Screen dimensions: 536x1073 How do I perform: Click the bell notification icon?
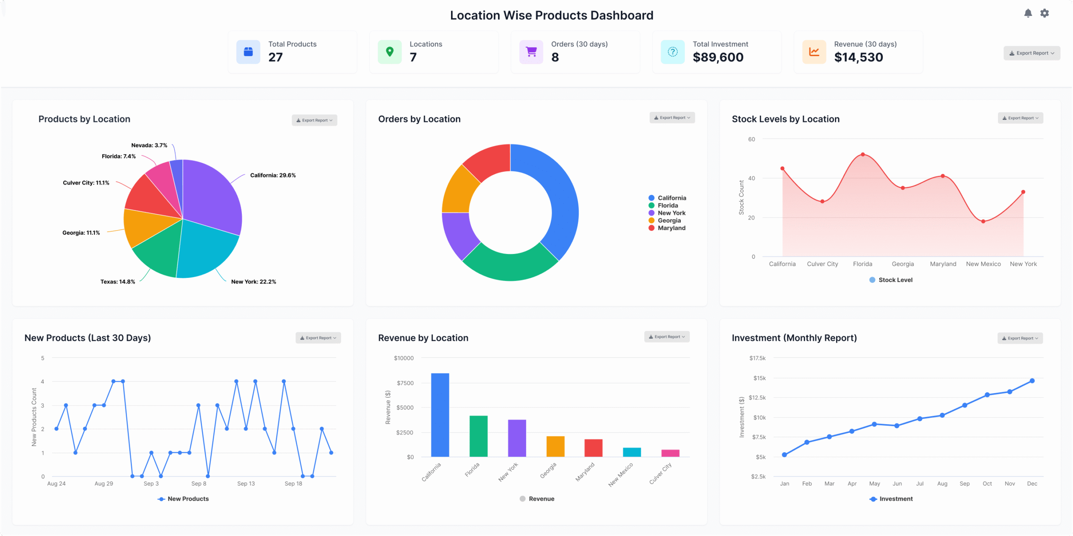click(x=1028, y=13)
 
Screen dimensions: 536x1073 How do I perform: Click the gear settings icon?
click(x=1044, y=13)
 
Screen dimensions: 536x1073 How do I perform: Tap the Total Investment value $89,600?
click(x=718, y=57)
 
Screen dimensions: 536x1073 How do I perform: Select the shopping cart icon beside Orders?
click(x=531, y=52)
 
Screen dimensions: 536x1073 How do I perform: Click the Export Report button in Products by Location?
click(x=314, y=120)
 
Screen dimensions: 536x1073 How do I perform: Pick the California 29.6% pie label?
click(x=273, y=175)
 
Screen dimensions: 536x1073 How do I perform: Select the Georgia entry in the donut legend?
click(x=669, y=220)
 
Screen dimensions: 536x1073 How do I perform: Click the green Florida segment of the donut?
click(x=511, y=266)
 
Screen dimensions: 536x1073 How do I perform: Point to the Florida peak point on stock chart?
click(x=863, y=155)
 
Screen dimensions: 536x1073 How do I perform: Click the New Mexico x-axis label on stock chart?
click(x=983, y=264)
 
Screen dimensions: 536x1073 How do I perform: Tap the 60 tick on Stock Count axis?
click(x=752, y=139)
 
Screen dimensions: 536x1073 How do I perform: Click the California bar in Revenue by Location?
click(x=440, y=415)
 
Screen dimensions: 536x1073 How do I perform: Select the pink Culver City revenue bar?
click(x=670, y=453)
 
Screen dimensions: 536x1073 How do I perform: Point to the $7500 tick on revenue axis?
click(x=405, y=383)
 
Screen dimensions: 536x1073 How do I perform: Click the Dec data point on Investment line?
click(x=1032, y=381)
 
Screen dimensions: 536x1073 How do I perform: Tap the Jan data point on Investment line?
click(x=784, y=455)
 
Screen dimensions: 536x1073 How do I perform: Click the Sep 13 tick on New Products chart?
click(x=246, y=484)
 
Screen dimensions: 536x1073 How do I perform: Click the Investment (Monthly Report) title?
click(x=794, y=338)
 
